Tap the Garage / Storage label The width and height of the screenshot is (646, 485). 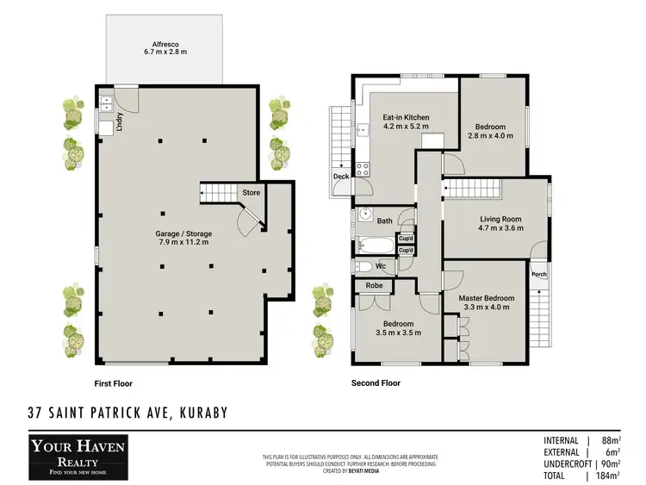[x=183, y=233]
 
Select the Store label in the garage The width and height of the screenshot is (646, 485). [x=251, y=192]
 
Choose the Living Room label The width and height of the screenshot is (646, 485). [x=500, y=219]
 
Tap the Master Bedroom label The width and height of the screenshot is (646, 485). [x=486, y=298]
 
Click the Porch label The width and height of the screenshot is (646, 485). [x=538, y=275]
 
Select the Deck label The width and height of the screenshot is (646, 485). [x=341, y=177]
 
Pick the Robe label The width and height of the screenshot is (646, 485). [x=374, y=284]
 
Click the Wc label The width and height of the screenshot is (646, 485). [x=379, y=266]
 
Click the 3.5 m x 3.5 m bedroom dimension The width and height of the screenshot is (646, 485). [x=397, y=332]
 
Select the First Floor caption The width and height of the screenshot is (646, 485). [x=114, y=383]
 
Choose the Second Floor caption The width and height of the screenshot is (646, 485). [x=376, y=383]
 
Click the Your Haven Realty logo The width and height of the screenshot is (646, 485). [x=78, y=455]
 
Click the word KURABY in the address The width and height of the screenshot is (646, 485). [x=204, y=413]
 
